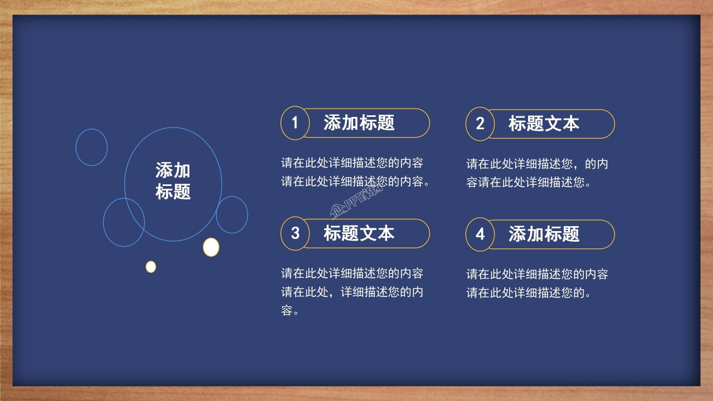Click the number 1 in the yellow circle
coord(295,123)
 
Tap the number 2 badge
coord(480,124)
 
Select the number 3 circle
coord(295,233)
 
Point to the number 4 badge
coord(480,234)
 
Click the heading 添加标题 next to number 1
coord(359,123)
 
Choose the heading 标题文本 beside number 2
coord(544,124)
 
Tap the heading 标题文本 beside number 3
coord(359,233)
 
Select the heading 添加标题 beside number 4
coord(544,234)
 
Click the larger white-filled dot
coord(211,247)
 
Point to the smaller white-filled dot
coord(151,267)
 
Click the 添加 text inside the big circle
coord(173,170)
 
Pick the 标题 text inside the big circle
coord(173,192)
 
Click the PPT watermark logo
coord(356,200)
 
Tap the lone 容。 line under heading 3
coord(290,310)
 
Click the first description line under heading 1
coord(352,163)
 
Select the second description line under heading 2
coord(529,182)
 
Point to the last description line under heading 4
coord(529,293)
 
